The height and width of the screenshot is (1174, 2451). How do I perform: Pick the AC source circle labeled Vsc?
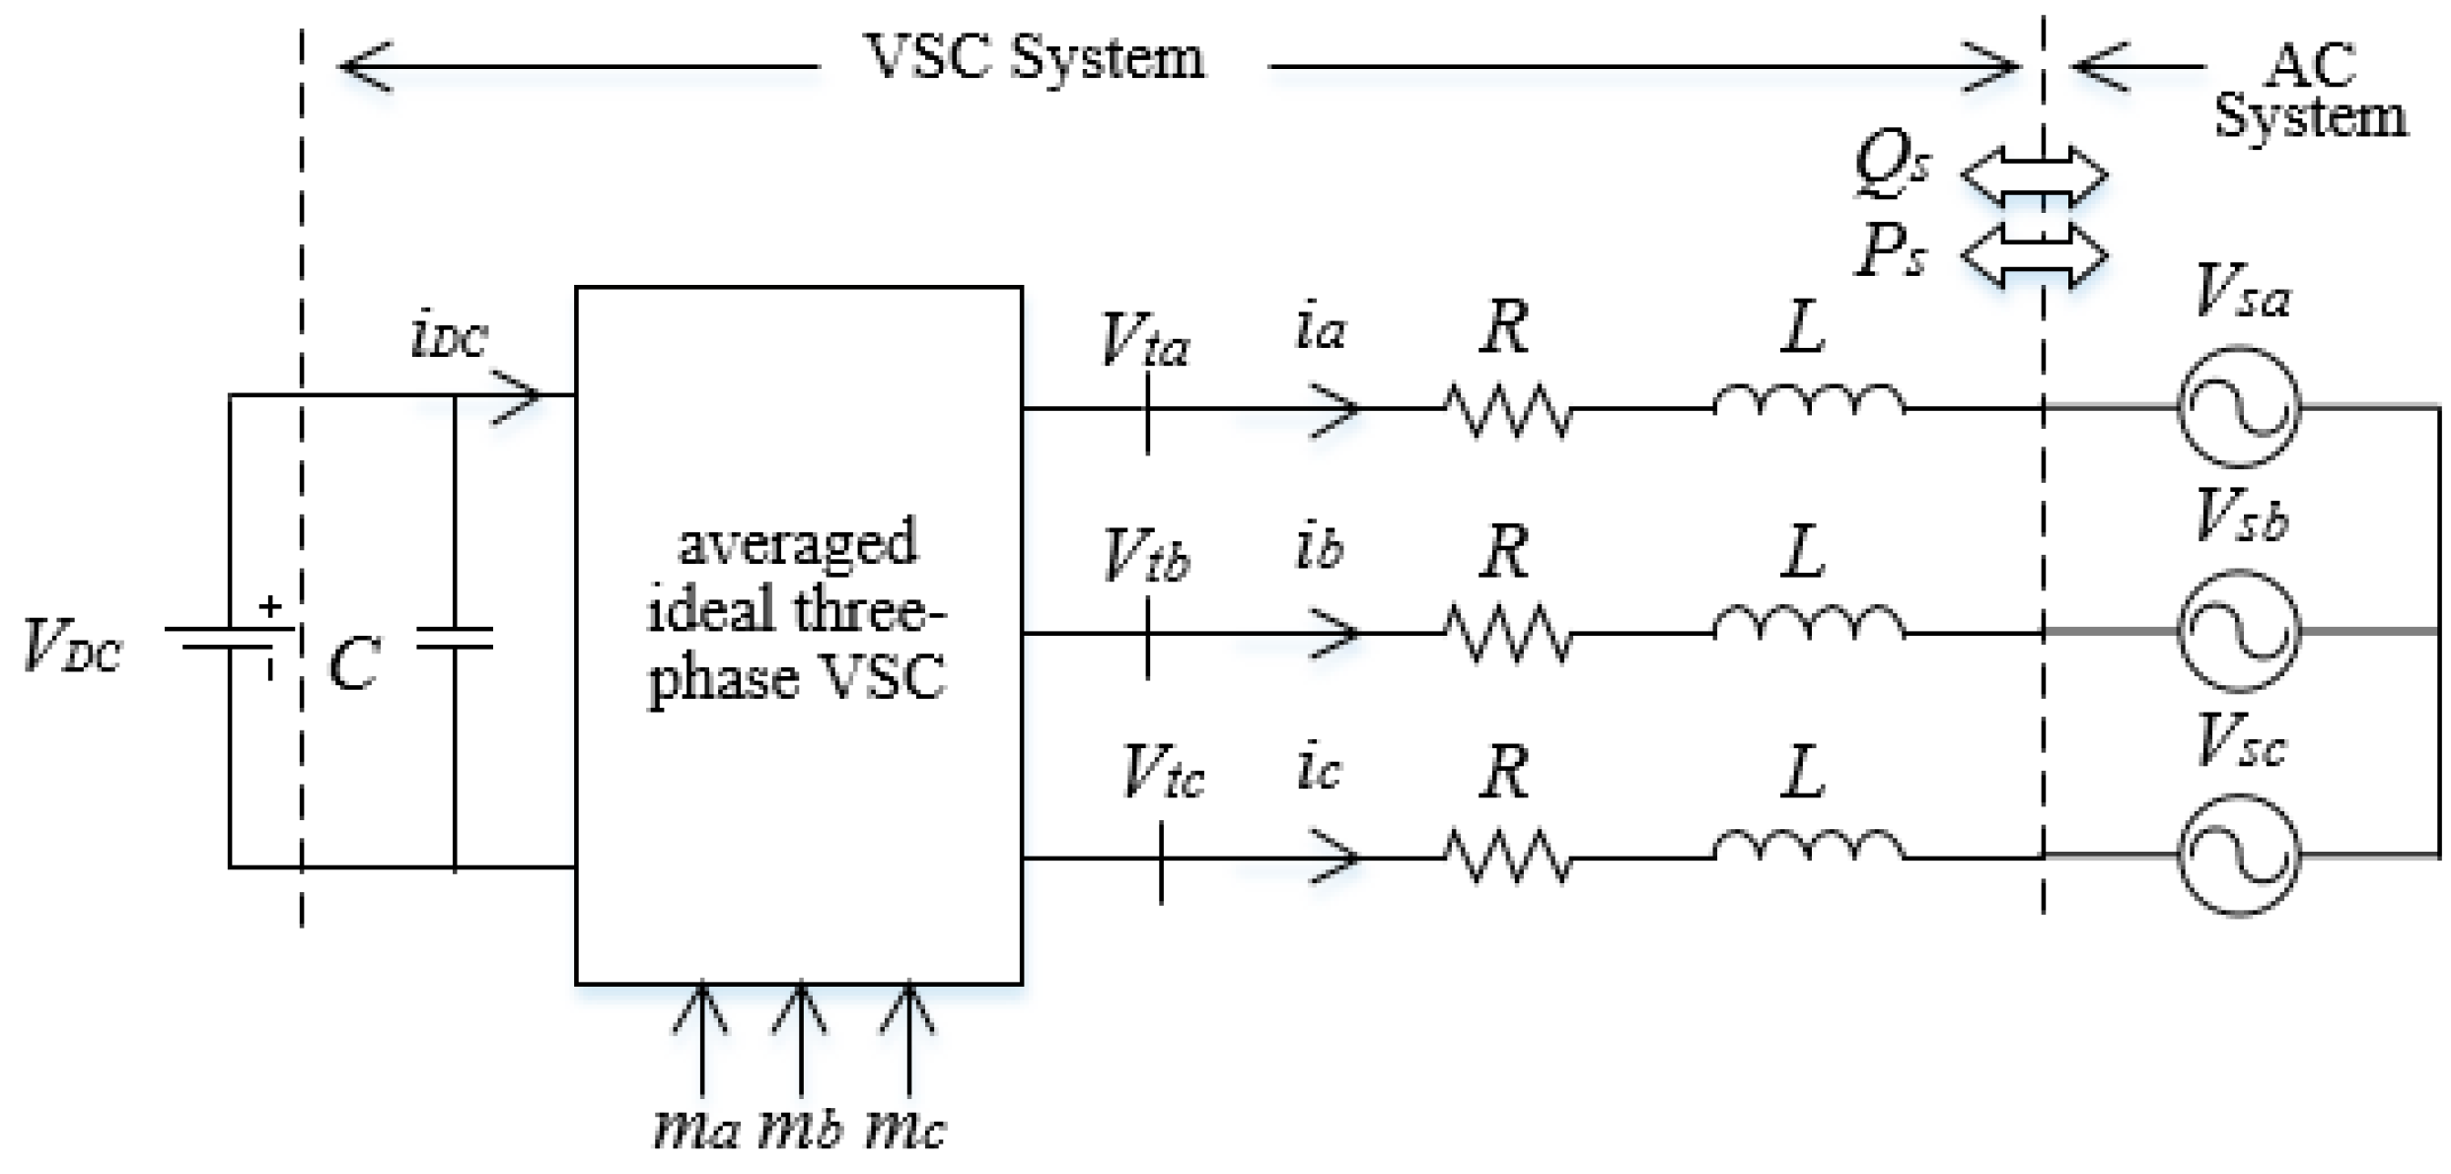(x=2238, y=855)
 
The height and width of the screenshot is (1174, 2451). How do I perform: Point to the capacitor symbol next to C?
(x=454, y=639)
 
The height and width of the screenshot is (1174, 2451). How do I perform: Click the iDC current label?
(x=449, y=338)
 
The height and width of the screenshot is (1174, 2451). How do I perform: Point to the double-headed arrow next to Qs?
(x=2034, y=175)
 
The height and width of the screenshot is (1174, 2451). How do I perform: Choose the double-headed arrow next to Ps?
(x=2034, y=255)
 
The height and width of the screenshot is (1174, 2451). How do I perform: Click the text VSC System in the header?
(x=1035, y=59)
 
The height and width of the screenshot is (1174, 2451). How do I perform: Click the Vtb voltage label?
(x=1146, y=556)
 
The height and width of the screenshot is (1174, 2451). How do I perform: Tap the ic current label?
(x=1319, y=769)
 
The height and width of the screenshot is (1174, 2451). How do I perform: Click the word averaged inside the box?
(x=797, y=544)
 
